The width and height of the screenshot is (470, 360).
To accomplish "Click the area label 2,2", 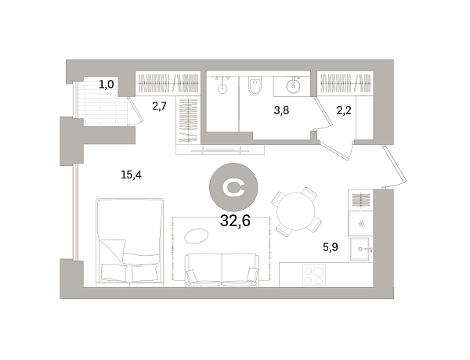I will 344,110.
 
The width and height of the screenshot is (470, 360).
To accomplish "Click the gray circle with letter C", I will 233,185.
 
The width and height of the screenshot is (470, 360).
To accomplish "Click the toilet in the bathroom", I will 254,88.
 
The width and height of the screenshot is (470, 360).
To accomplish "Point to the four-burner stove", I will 314,275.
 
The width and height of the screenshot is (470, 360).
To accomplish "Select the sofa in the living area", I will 222,270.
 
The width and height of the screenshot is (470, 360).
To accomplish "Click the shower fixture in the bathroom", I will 222,87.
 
